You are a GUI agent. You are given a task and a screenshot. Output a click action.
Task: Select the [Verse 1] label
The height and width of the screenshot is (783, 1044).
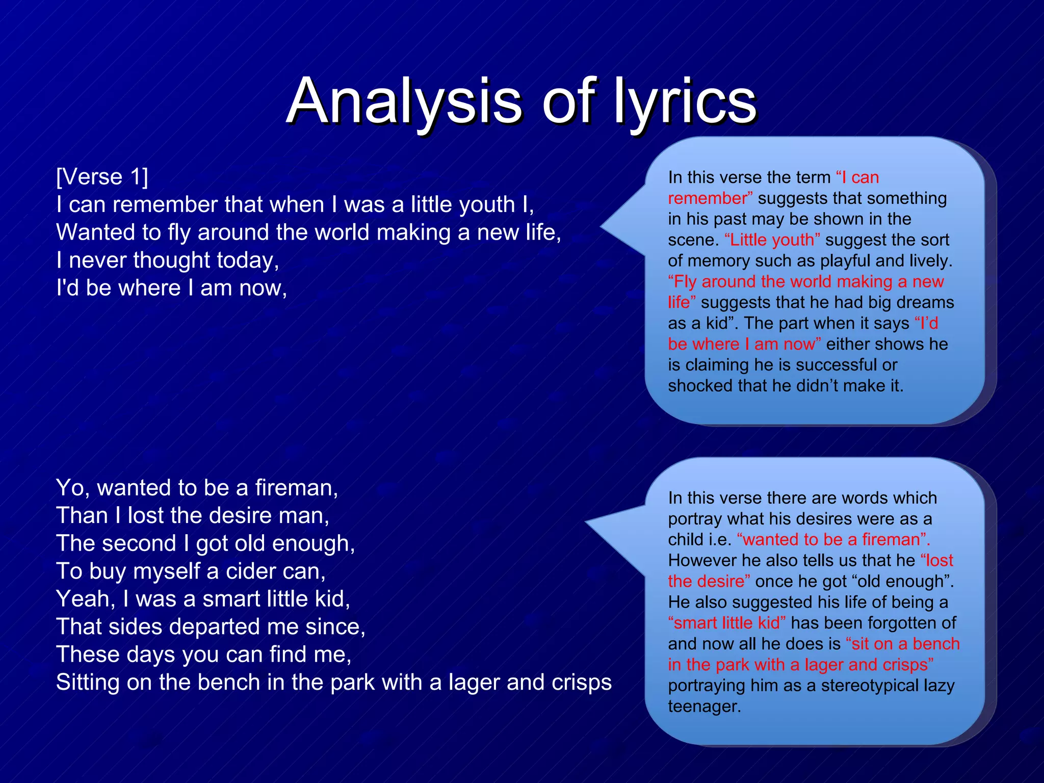(102, 177)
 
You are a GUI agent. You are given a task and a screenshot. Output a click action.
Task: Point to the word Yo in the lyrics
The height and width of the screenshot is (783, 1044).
(72, 488)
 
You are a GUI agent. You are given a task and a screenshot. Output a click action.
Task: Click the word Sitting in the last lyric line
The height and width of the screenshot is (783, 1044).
(87, 683)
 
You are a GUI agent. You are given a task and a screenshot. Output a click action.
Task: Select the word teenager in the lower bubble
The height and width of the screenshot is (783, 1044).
(703, 707)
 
